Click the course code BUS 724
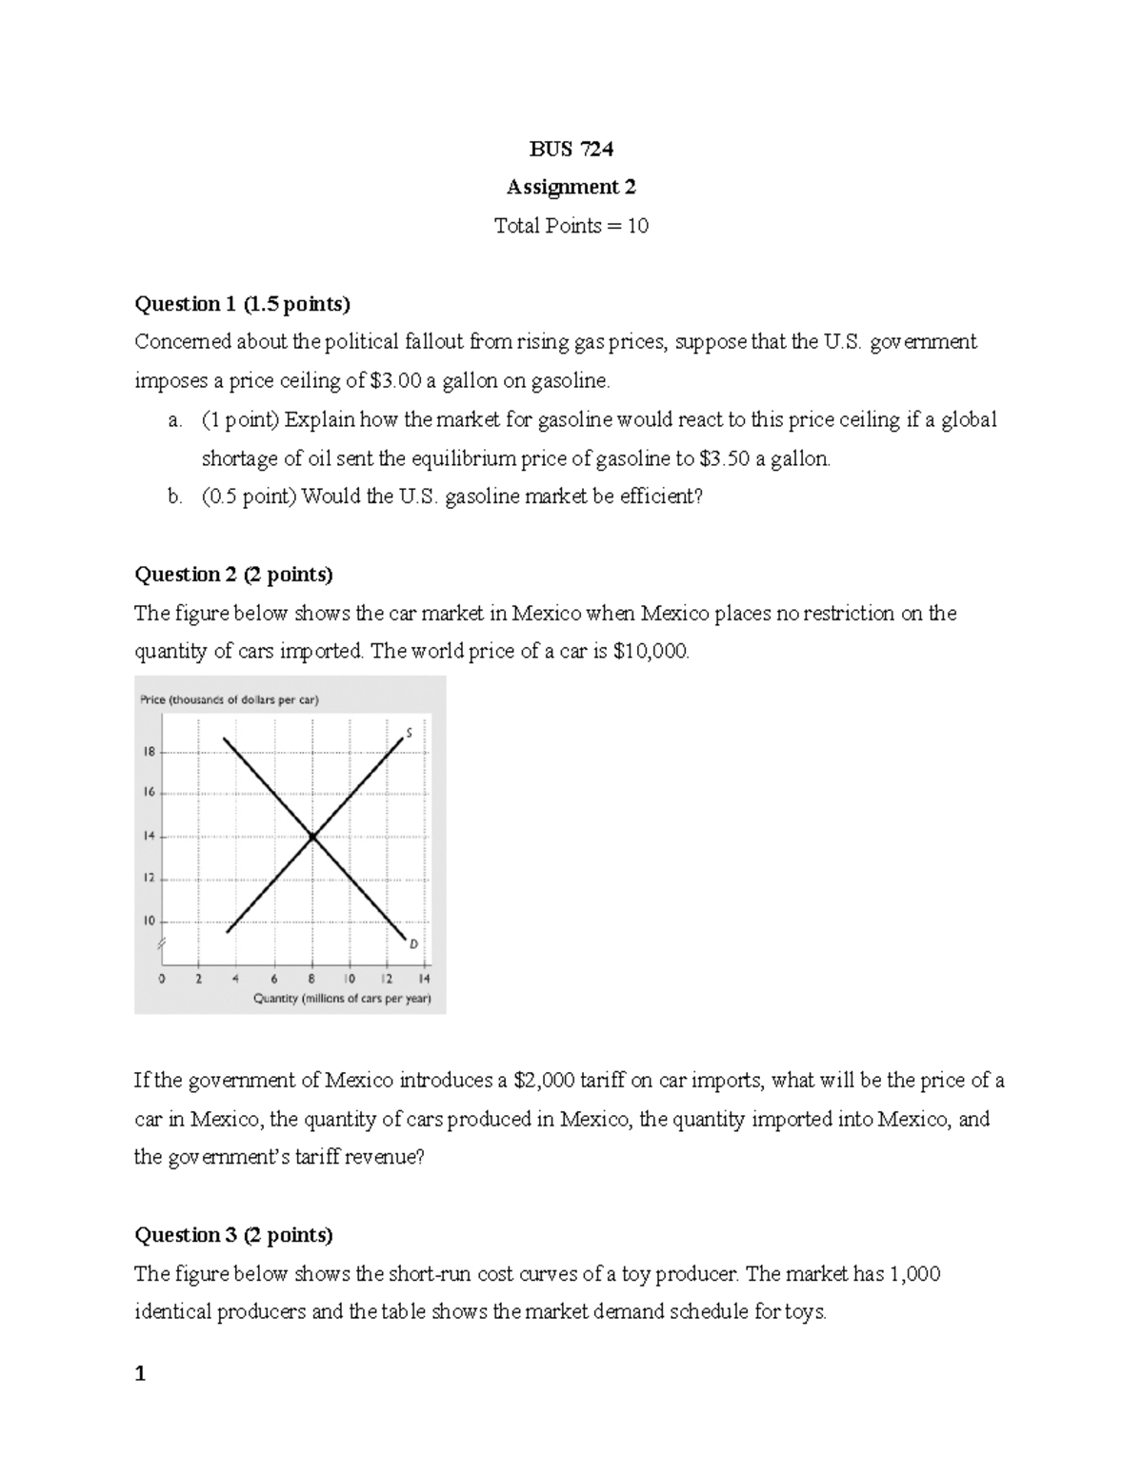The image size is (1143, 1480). (x=571, y=149)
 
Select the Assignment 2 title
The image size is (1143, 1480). (x=571, y=187)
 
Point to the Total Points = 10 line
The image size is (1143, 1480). (x=571, y=226)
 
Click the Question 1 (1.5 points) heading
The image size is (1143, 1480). (x=242, y=304)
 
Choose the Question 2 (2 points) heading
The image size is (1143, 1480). (x=233, y=575)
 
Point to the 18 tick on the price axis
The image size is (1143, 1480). (x=149, y=751)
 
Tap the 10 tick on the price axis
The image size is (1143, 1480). (x=149, y=922)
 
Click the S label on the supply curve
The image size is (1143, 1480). (x=409, y=733)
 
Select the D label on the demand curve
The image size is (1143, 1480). (x=413, y=943)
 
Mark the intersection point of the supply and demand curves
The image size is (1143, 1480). (x=312, y=837)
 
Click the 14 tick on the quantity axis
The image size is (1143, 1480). (x=424, y=979)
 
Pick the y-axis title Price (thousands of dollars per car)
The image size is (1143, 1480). (x=230, y=699)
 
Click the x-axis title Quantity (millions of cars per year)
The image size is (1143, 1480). (x=342, y=999)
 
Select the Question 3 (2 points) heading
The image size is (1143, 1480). (x=233, y=1235)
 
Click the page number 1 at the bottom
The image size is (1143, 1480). (x=140, y=1374)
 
